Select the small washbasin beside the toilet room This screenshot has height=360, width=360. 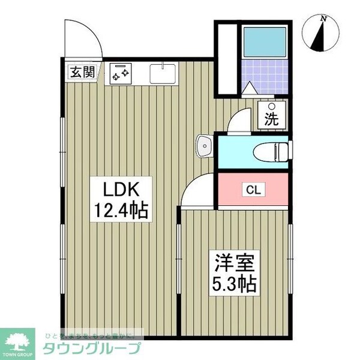coord(204,145)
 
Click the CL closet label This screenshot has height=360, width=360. coord(253,190)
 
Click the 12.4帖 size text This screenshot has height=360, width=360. coord(121,211)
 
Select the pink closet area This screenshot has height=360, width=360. coord(252,191)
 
